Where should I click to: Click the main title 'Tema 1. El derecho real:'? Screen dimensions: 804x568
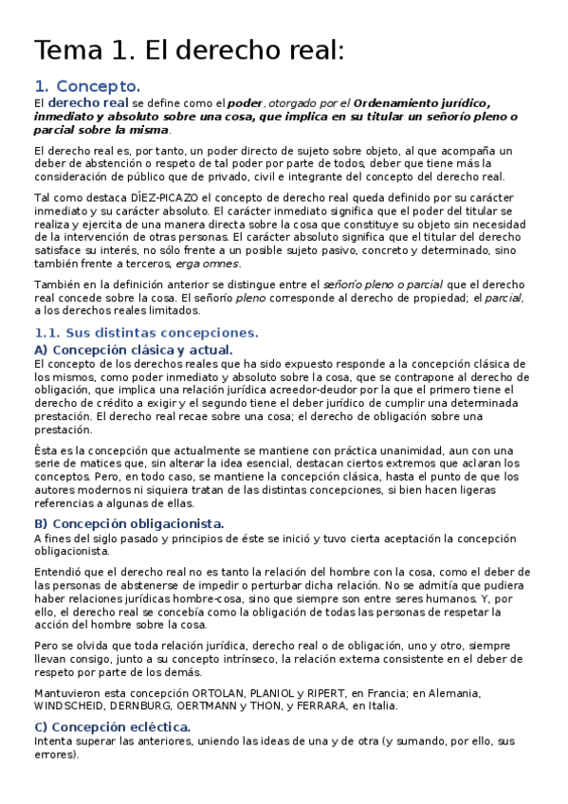tap(188, 51)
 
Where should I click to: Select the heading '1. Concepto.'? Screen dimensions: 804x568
tap(86, 86)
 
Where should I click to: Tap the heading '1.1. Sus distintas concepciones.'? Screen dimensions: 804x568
tap(145, 333)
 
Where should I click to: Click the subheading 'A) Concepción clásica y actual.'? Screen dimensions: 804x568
tap(133, 350)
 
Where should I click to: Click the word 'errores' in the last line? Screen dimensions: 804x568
tap(54, 755)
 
